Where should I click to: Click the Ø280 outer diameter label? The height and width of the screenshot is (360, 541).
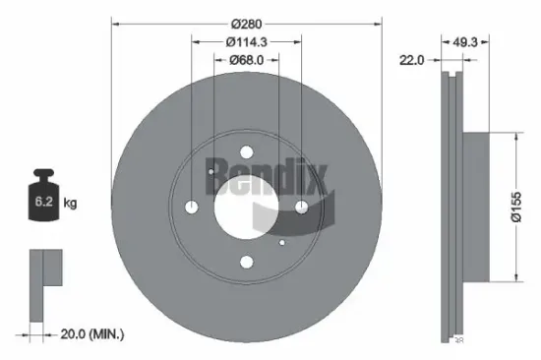(x=246, y=21)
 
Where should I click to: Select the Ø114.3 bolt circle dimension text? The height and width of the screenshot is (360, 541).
(x=246, y=41)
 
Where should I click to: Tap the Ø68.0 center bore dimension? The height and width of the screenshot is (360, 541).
(x=246, y=60)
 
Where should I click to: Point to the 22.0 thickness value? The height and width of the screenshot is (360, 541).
(x=411, y=61)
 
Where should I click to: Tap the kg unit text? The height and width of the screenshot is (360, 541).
(x=71, y=204)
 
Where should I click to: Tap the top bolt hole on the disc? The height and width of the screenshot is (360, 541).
(x=246, y=150)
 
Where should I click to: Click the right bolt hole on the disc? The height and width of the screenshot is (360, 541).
(x=301, y=206)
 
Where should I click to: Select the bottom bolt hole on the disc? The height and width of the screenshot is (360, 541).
(x=246, y=262)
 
